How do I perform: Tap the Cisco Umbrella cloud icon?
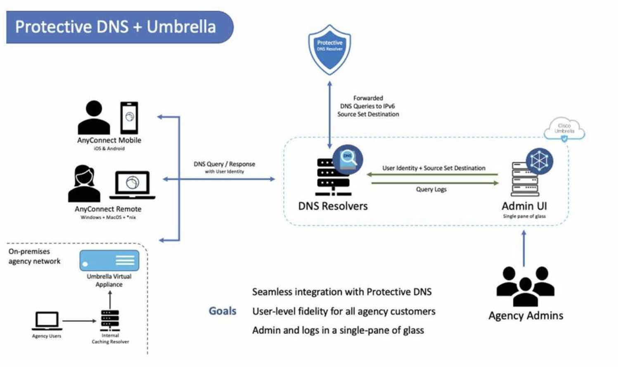[564, 129]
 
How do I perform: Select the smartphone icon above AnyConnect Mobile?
[129, 117]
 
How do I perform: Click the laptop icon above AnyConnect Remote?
[133, 184]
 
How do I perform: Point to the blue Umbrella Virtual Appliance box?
[109, 260]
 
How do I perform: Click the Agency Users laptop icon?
[47, 321]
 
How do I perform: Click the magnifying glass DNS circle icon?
[348, 160]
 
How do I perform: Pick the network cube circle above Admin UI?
[539, 161]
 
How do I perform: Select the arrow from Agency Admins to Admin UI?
[524, 248]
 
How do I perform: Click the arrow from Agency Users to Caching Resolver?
[79, 321]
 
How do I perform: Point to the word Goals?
[223, 311]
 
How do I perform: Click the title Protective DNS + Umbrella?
[116, 27]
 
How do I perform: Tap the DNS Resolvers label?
[333, 206]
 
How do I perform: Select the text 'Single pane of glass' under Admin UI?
[524, 216]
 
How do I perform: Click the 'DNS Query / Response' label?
[224, 164]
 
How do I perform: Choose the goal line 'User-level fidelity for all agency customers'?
[344, 311]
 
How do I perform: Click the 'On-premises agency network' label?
[34, 256]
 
